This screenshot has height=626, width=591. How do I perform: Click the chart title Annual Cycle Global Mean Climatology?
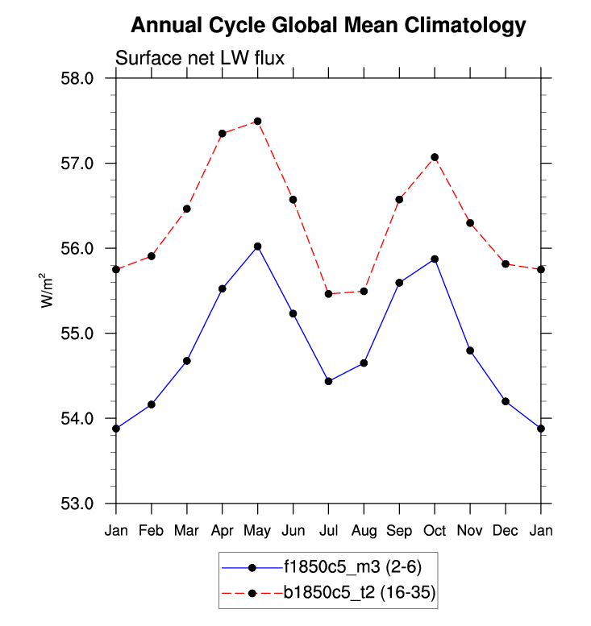(328, 26)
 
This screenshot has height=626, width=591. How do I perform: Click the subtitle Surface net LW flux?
(200, 58)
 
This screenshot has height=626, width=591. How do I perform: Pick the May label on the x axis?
(257, 530)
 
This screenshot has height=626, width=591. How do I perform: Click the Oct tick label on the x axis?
(435, 530)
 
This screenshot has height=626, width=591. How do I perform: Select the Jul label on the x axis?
(328, 530)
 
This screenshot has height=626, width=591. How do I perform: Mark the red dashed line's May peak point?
(257, 121)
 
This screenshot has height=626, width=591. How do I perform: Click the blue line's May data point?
(257, 247)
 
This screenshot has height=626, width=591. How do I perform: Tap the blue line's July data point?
(328, 381)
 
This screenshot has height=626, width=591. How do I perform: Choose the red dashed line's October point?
(435, 157)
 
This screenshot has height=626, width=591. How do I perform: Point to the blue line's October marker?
(435, 259)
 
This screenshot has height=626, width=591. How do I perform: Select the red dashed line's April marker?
(222, 134)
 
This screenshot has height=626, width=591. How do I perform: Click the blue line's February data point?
(152, 404)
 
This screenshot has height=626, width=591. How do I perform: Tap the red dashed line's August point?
(364, 291)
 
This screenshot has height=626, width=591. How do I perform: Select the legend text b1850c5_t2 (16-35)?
(359, 594)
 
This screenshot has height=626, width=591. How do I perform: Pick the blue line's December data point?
(506, 401)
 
